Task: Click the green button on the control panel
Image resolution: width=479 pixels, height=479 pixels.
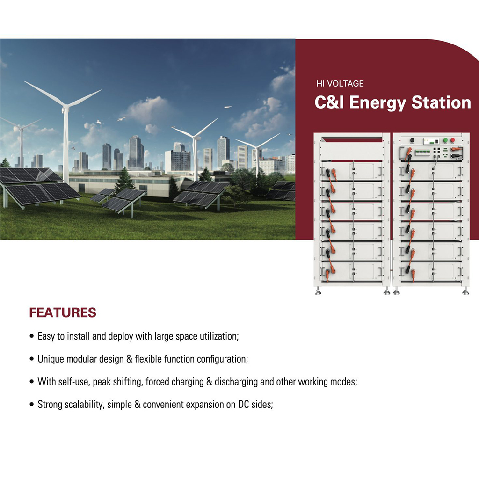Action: click(445, 140)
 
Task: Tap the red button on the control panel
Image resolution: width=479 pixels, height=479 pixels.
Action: click(453, 140)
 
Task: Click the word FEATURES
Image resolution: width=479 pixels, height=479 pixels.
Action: click(63, 312)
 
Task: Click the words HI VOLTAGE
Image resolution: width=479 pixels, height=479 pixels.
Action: click(340, 83)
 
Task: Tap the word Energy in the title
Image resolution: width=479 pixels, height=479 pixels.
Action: click(377, 103)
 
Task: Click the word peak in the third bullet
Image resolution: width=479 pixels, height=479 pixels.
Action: click(102, 382)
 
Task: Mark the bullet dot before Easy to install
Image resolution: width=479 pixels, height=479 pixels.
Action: click(31, 336)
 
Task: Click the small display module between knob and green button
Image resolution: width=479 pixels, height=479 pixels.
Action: click(431, 141)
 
